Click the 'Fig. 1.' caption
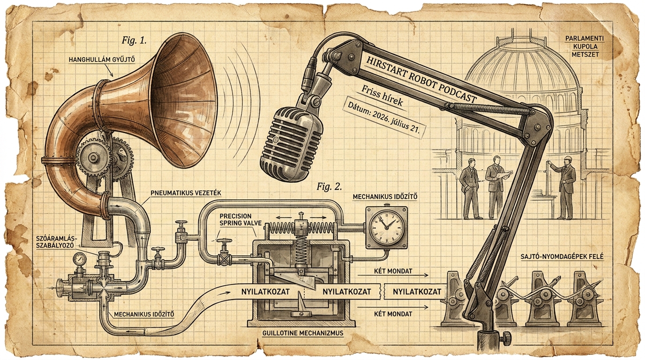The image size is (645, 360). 134,40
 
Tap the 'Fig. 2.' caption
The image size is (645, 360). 329,187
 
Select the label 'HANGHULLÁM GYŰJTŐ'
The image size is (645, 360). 102,60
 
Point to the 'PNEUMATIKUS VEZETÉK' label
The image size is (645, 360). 186,193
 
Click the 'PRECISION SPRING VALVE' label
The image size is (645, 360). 240,219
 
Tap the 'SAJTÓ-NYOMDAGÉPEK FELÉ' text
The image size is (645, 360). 562,256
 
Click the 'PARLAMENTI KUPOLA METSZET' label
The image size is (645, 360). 579,46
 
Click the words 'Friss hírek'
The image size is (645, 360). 382,96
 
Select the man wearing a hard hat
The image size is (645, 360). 566,187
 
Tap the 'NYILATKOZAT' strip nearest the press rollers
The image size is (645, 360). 417,292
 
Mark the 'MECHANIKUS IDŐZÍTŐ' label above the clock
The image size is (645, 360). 385,197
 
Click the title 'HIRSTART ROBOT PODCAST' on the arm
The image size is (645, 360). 421,79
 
